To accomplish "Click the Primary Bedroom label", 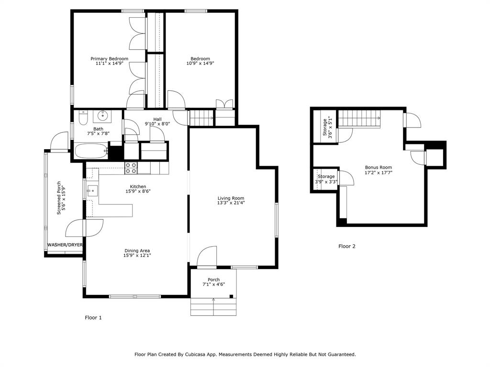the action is pyautogui.click(x=110, y=59).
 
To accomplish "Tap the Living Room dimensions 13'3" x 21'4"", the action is pyautogui.click(x=231, y=203).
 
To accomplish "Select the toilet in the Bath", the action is pyautogui.click(x=83, y=118).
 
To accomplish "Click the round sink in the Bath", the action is pyautogui.click(x=102, y=117).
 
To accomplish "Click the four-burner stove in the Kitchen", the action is pyautogui.click(x=131, y=168).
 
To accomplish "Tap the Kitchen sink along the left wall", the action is pyautogui.click(x=92, y=190).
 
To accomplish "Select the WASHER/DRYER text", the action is pyautogui.click(x=65, y=245).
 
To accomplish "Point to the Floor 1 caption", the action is pyautogui.click(x=93, y=318).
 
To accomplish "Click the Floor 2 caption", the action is pyautogui.click(x=347, y=246).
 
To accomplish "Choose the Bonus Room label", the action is pyautogui.click(x=379, y=167).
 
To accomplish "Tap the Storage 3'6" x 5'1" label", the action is pyautogui.click(x=327, y=127).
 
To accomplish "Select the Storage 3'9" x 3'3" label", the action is pyautogui.click(x=326, y=179).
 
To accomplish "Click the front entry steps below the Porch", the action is pyautogui.click(x=213, y=307).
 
